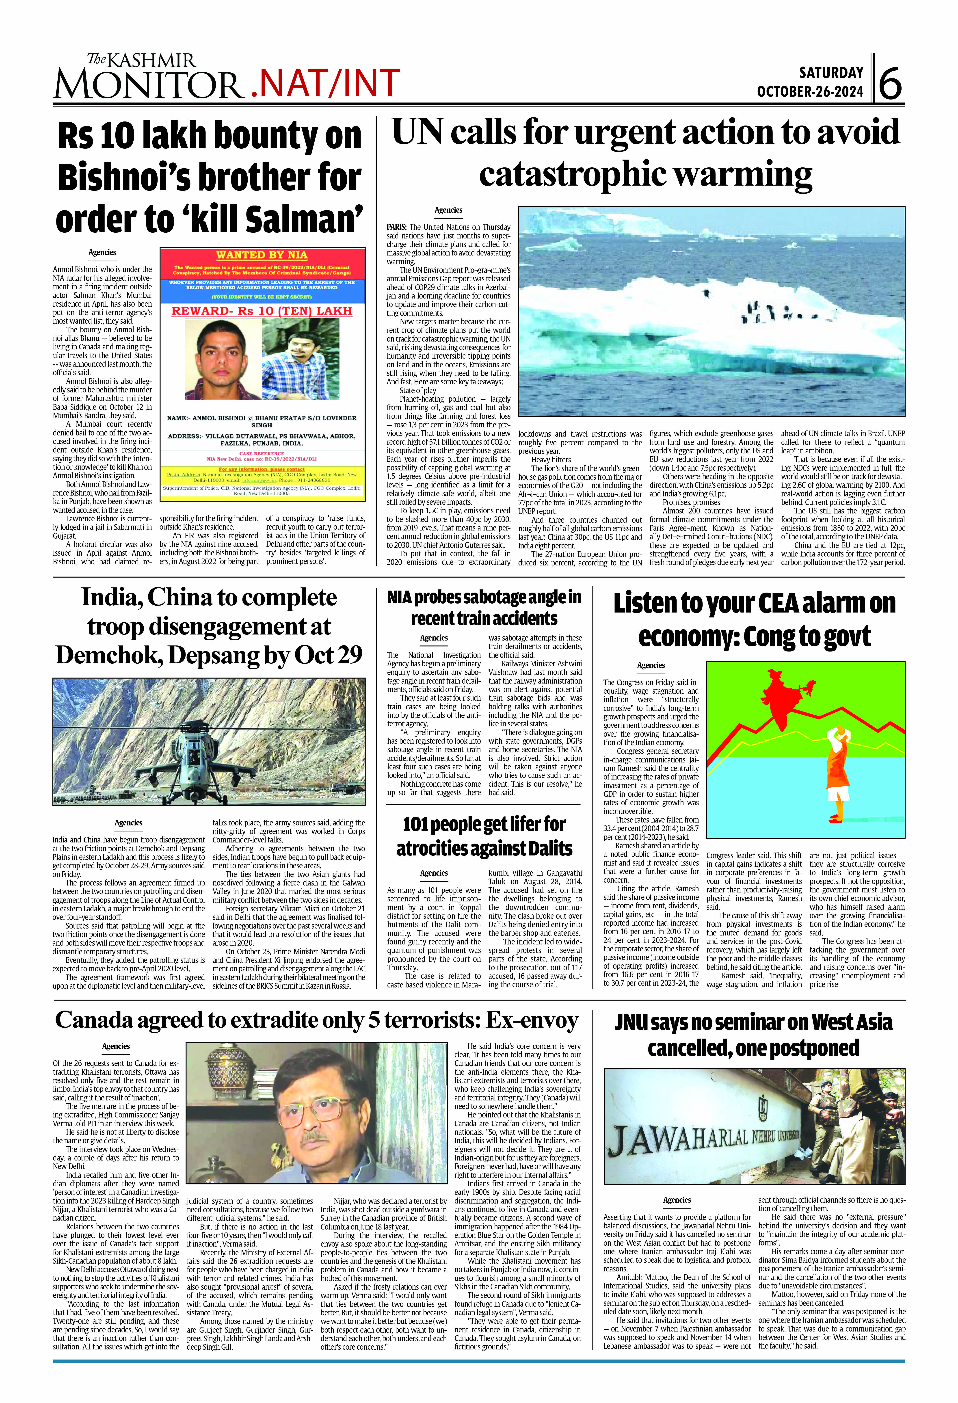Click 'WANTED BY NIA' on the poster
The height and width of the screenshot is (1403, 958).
point(262,255)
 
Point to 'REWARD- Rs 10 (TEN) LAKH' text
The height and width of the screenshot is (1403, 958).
point(262,311)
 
